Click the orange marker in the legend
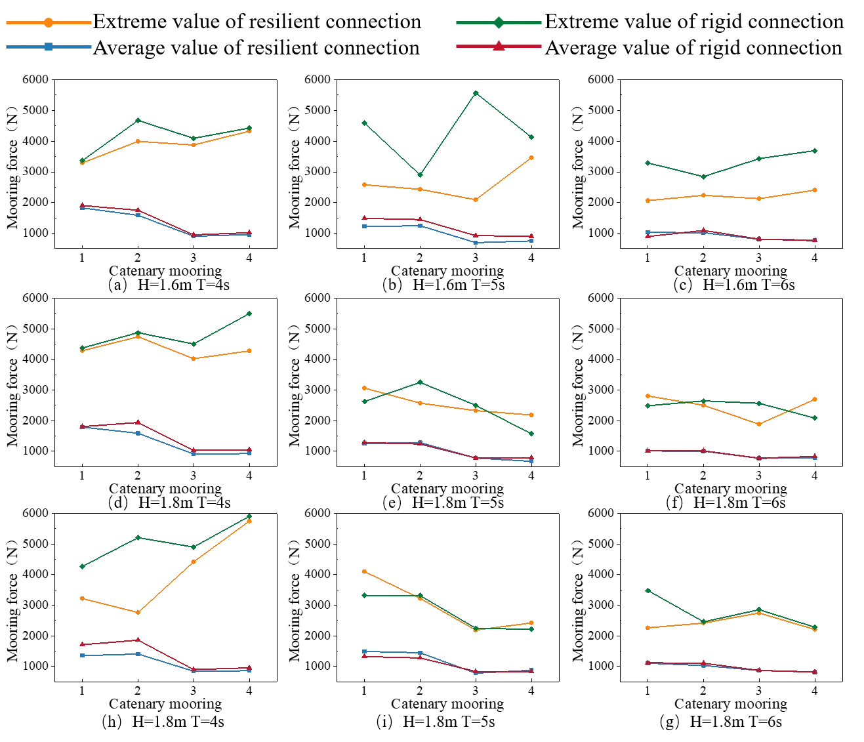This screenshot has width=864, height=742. point(47,24)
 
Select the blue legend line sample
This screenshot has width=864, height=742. point(49,47)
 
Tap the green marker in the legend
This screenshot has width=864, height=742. point(498,24)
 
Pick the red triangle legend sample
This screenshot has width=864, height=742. point(498,47)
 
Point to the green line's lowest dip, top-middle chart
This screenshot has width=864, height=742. point(420,175)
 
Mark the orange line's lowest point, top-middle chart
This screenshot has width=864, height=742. point(477,201)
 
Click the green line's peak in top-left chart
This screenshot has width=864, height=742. point(138,119)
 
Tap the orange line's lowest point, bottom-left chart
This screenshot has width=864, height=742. point(138,613)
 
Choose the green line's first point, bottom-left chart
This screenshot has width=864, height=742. point(81,566)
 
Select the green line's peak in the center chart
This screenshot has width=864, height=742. point(420,381)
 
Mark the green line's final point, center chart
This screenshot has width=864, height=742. point(532,435)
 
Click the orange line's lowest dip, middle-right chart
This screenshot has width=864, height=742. point(760,425)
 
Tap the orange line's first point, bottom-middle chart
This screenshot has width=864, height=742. point(364,572)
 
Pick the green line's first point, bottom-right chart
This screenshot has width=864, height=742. point(648,590)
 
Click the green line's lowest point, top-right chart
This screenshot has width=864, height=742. point(703,176)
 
